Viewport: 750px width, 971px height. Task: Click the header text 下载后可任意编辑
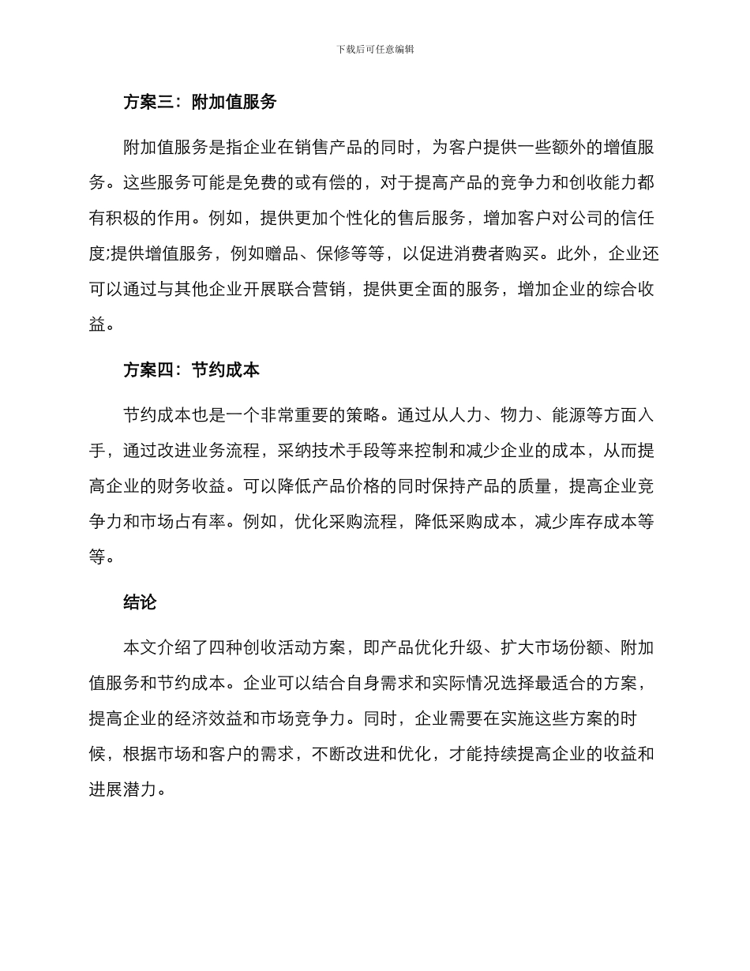click(375, 49)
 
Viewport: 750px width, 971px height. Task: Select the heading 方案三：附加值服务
click(200, 102)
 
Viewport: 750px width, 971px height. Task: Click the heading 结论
click(140, 602)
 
